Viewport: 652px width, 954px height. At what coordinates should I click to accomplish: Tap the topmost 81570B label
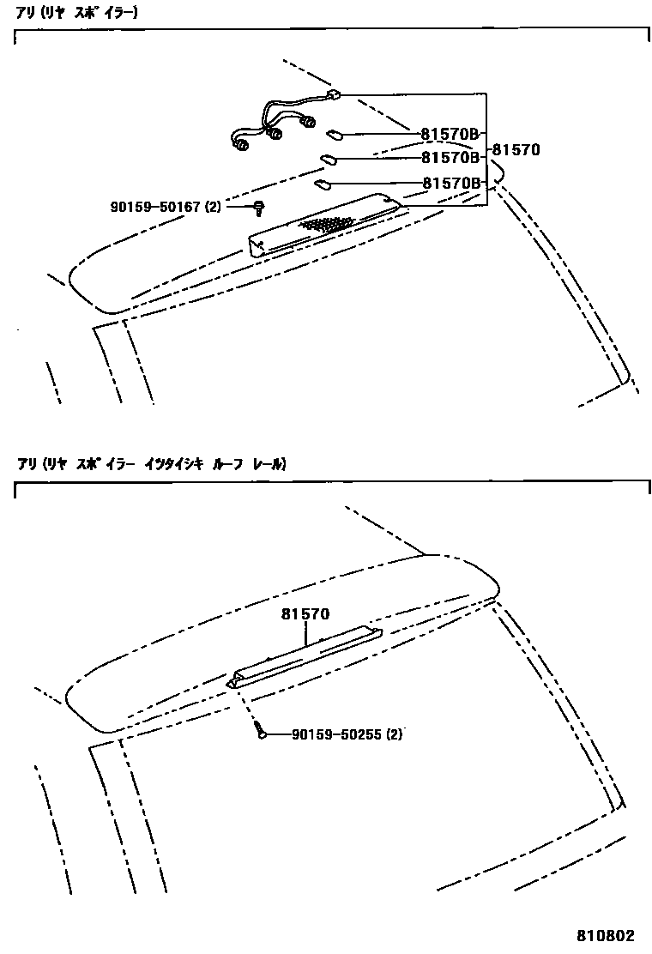(449, 134)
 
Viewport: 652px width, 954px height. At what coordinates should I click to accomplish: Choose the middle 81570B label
(449, 158)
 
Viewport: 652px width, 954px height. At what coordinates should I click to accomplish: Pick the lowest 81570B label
(449, 183)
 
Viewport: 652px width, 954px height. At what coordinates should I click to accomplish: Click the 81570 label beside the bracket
(516, 149)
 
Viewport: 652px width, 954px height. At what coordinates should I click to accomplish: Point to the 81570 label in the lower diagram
(305, 615)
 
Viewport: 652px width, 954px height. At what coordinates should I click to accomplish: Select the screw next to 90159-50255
(259, 732)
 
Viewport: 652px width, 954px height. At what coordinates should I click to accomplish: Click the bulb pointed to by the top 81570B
(335, 134)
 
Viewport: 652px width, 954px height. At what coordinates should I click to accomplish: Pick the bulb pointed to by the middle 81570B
(328, 158)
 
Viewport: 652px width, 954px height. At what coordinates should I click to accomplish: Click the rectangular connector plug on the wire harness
(334, 96)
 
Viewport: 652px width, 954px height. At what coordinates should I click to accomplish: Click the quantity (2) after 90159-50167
(213, 207)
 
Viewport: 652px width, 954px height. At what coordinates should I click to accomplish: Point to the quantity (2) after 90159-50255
(394, 734)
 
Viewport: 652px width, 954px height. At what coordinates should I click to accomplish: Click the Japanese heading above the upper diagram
(77, 13)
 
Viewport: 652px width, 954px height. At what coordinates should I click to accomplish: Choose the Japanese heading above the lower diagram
(150, 463)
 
